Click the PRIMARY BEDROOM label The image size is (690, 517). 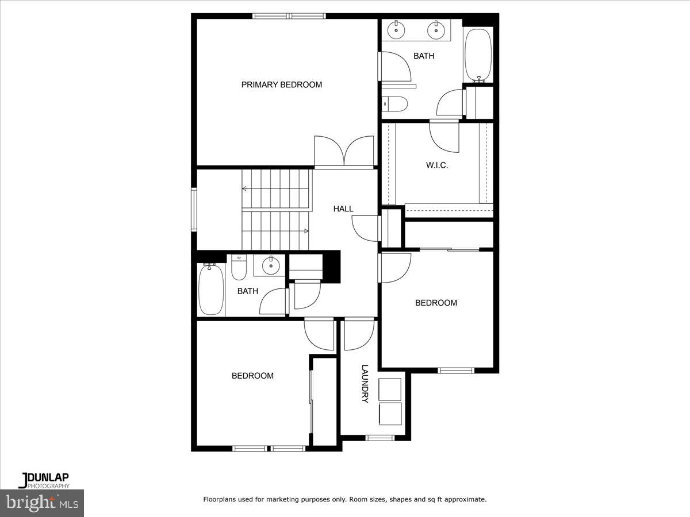[x=281, y=85]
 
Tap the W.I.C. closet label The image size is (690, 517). [x=436, y=165]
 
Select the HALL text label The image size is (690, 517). [x=343, y=209]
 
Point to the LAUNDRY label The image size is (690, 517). [x=365, y=384]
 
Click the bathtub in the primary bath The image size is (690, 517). [x=478, y=55]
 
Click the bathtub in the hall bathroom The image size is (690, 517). [x=210, y=288]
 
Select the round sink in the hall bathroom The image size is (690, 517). [x=270, y=265]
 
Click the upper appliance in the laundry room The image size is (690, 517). [x=390, y=389]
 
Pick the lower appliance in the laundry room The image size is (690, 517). [x=390, y=413]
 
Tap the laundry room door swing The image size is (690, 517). [x=359, y=334]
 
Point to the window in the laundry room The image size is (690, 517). [x=379, y=438]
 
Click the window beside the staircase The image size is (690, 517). [x=194, y=209]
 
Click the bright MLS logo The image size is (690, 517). [x=42, y=503]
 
